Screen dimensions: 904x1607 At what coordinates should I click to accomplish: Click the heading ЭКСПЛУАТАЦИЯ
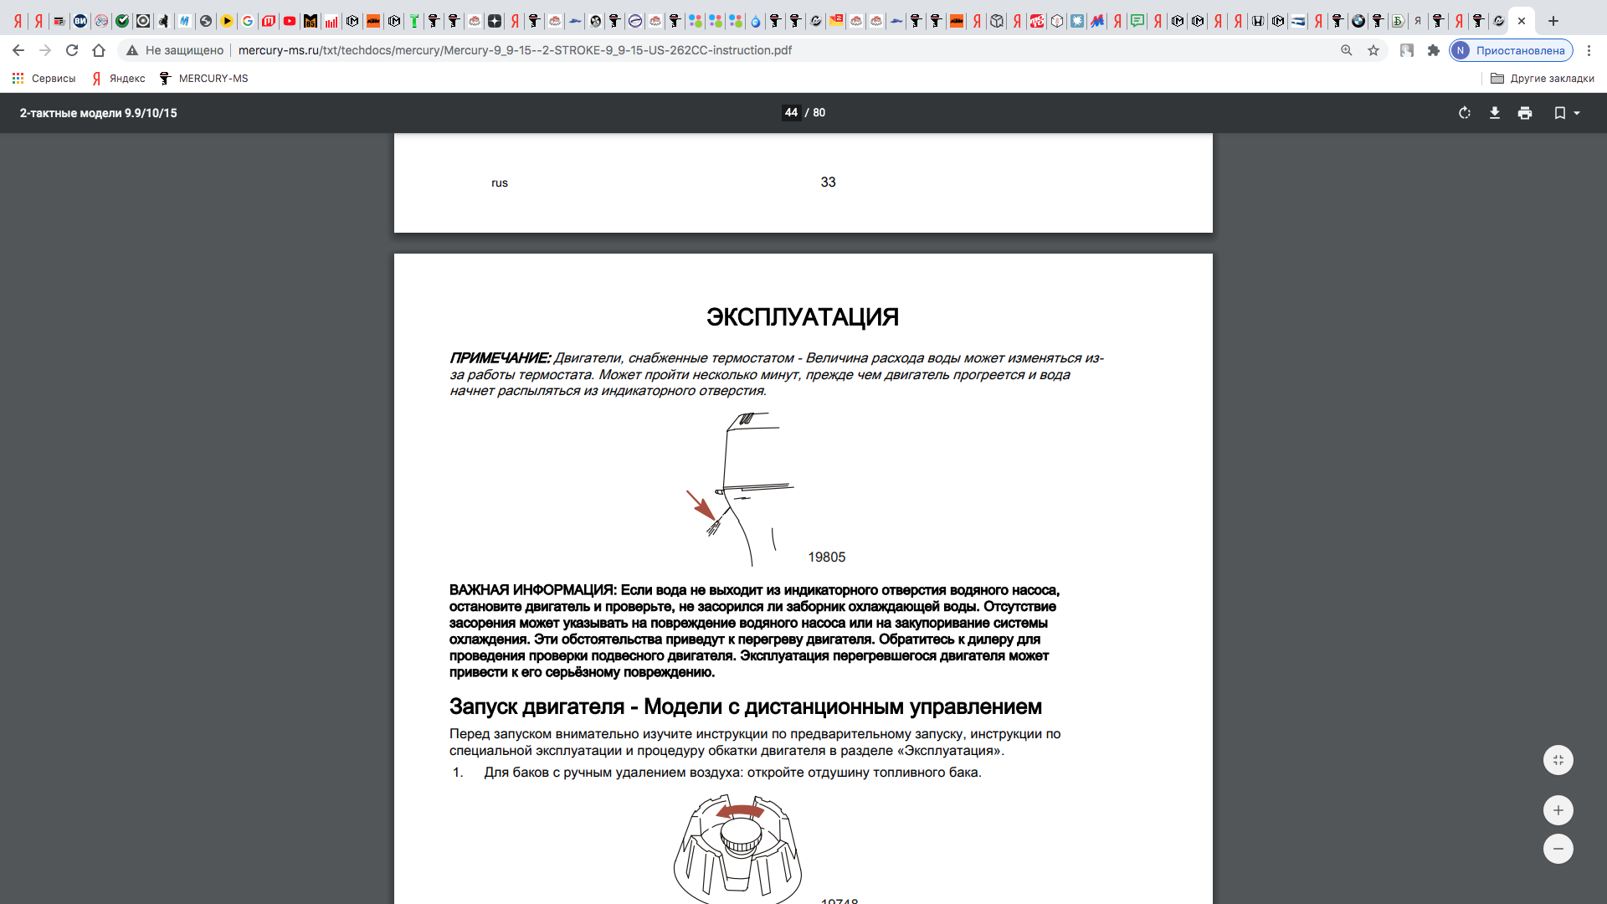tap(802, 317)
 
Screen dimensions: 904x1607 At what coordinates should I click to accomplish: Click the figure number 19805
tap(826, 557)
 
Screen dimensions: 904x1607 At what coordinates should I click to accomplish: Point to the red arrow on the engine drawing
tap(701, 505)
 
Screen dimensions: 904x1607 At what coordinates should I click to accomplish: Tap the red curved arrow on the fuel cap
tap(740, 811)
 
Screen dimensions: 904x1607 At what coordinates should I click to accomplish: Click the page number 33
tap(828, 182)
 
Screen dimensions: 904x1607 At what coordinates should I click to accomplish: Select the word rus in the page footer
tap(500, 183)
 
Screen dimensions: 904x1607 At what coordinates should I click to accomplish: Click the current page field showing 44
tap(791, 113)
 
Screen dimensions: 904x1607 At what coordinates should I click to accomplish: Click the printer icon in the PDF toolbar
tap(1525, 113)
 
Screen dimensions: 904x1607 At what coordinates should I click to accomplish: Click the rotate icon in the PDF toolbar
tap(1465, 113)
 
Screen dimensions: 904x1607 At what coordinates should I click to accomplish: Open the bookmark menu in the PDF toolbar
tap(1566, 113)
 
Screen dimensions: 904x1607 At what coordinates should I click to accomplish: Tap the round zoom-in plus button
tap(1558, 810)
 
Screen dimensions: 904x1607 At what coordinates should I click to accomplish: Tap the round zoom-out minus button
tap(1558, 849)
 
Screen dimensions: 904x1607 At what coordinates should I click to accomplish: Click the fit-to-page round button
tap(1558, 760)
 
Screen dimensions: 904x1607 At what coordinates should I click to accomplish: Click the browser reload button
tap(72, 50)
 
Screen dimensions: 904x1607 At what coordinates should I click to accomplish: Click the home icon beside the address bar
tap(99, 50)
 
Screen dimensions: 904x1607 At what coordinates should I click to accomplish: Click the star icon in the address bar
tap(1373, 50)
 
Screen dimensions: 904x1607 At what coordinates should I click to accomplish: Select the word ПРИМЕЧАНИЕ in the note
tap(499, 358)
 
